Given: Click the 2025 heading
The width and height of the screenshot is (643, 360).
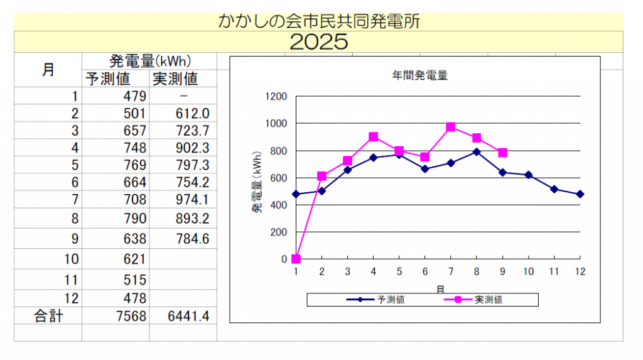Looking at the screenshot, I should coord(319,42).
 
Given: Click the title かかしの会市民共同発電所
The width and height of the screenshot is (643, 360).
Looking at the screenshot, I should coord(319,22).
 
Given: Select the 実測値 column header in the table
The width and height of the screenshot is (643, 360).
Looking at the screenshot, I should coord(175,79).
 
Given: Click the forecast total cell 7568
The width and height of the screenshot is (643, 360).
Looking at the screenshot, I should coord(132,316).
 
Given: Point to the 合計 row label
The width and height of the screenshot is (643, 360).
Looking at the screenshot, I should coord(48,316).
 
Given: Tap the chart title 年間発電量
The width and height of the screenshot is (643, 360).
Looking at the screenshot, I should coord(419,76).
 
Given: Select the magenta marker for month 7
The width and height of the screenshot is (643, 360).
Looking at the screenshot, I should coord(451,127).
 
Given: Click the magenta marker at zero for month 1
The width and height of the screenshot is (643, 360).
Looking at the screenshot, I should coord(296,259).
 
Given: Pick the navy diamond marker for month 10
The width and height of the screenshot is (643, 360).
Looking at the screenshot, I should coord(528,175).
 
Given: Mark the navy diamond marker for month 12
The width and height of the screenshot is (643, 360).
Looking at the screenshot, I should coord(580,194).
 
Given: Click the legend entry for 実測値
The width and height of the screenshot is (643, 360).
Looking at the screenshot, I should coord(478,300).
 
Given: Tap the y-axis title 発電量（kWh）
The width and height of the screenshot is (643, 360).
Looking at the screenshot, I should coord(257,182).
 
